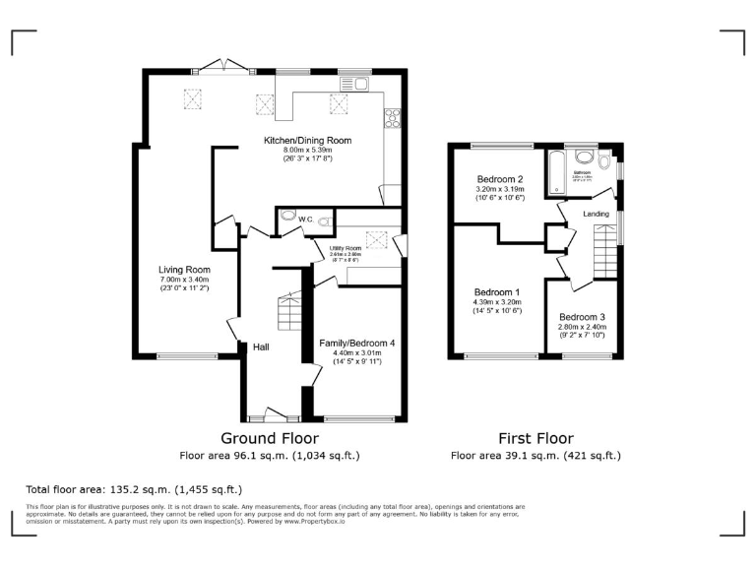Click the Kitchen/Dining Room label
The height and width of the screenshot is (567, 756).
click(x=306, y=141)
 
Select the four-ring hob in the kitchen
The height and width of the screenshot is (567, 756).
click(x=392, y=118)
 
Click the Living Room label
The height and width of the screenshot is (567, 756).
click(x=184, y=270)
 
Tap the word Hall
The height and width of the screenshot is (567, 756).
click(x=261, y=346)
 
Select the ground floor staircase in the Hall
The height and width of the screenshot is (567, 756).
click(x=287, y=313)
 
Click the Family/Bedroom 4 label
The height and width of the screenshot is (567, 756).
click(x=356, y=343)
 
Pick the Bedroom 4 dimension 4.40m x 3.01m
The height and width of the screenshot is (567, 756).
click(x=356, y=353)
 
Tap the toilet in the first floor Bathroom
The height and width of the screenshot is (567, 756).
click(x=585, y=157)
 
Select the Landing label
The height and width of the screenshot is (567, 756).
click(x=596, y=214)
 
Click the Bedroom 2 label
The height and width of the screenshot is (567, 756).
click(x=499, y=179)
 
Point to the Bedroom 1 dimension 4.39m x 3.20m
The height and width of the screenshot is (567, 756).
click(x=498, y=303)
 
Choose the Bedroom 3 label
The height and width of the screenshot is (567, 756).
click(x=584, y=317)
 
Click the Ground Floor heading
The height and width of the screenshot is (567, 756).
click(x=269, y=439)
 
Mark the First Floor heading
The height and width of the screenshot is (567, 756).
click(x=535, y=439)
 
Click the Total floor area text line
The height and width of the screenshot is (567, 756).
click(x=134, y=489)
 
